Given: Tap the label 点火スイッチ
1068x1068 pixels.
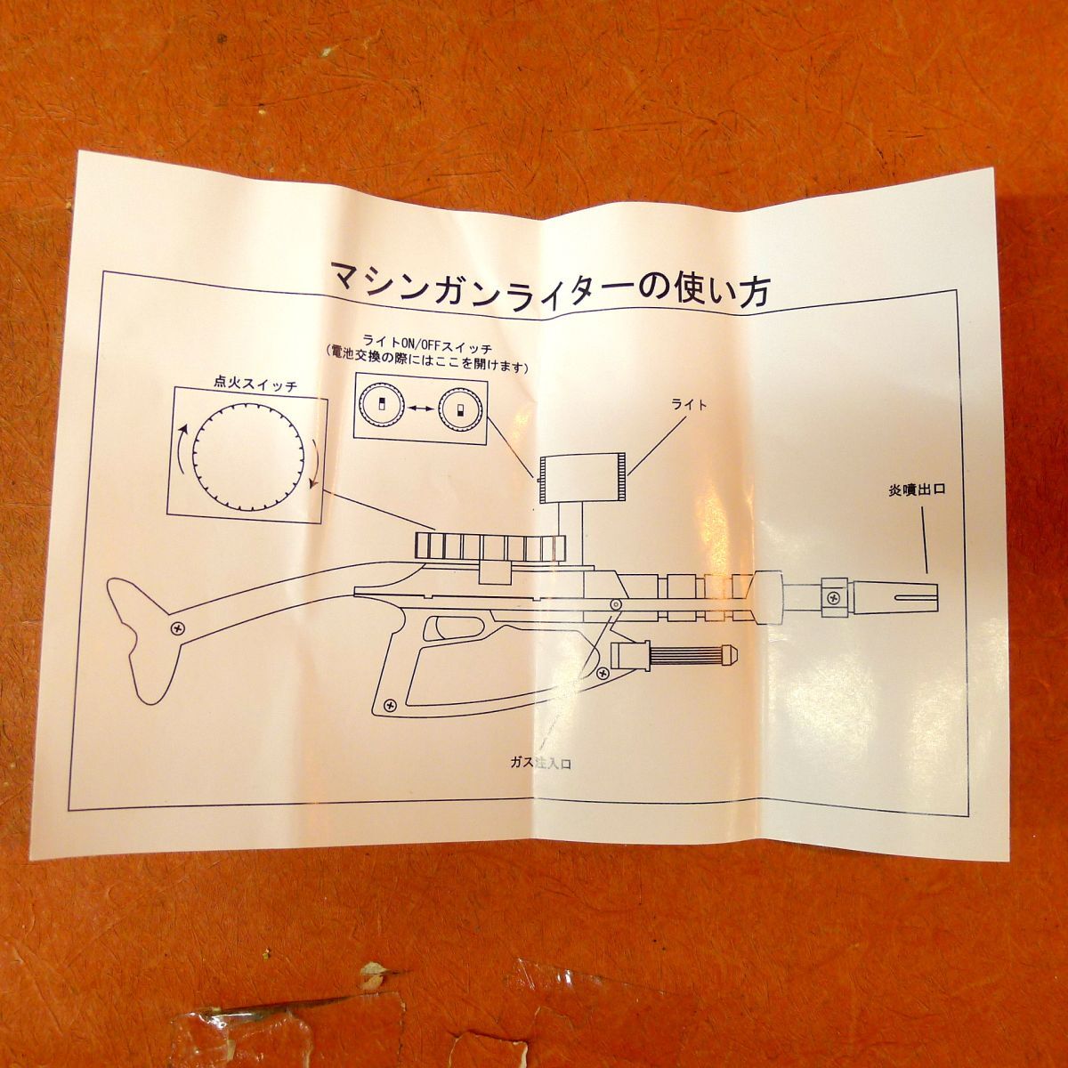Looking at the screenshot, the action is [255, 384].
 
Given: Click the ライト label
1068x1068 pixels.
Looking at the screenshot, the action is [689, 405].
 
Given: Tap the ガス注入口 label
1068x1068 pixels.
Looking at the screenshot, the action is [541, 763].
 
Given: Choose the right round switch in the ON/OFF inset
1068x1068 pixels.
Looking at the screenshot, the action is [460, 410].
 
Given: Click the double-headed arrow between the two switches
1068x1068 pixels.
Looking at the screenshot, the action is [421, 409].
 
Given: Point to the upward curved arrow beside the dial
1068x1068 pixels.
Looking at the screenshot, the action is [182, 448].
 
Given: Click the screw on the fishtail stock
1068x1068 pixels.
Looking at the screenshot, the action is [178, 628].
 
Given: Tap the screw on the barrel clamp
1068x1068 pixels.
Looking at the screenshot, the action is [832, 597].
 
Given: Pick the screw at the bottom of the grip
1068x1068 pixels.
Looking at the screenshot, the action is [392, 705].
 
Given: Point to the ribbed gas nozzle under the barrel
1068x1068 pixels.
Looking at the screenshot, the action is [674, 655].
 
